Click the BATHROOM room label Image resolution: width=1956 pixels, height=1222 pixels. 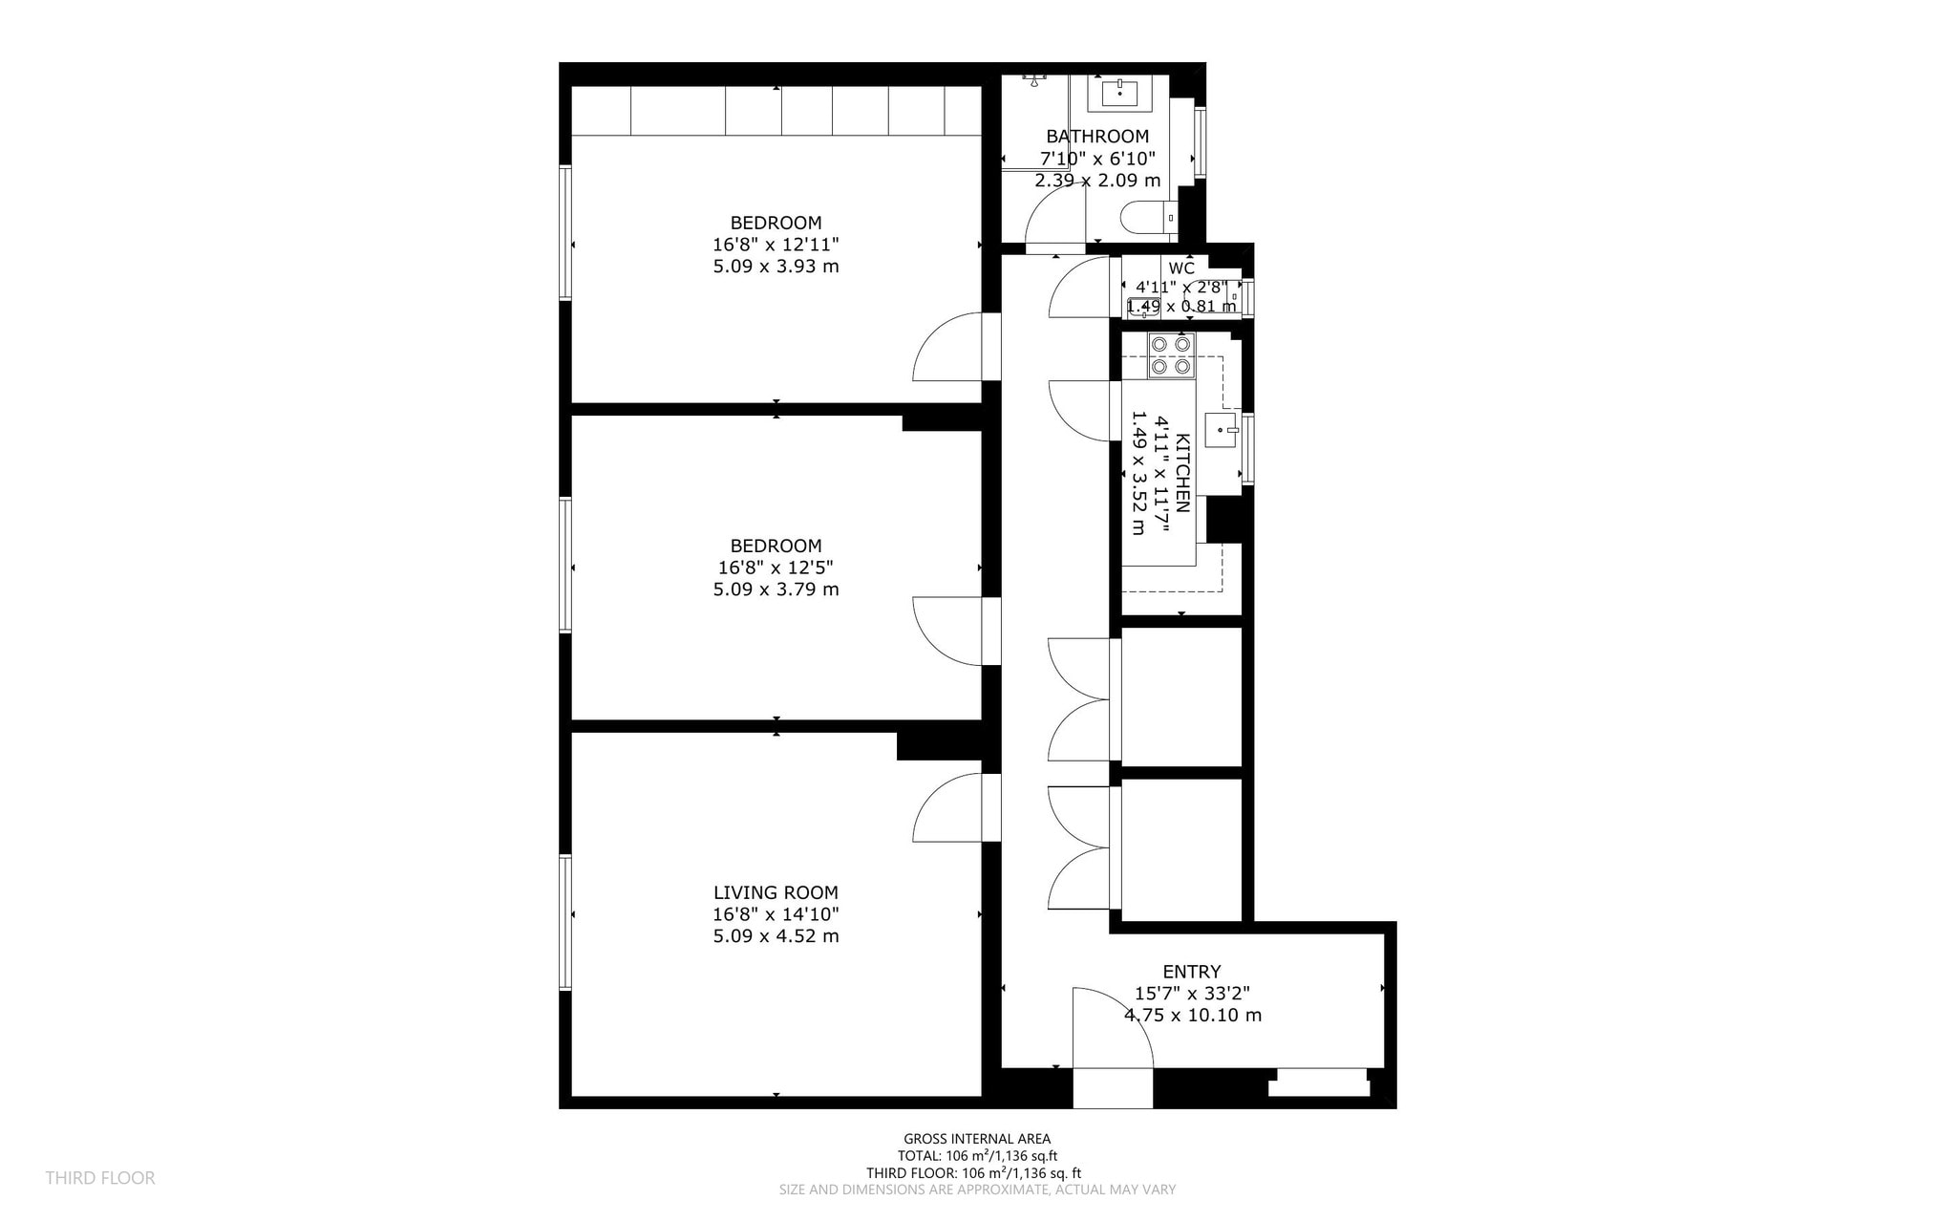click(1097, 137)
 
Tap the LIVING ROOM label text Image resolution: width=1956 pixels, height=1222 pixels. click(776, 892)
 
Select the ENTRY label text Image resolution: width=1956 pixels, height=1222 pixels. click(1192, 973)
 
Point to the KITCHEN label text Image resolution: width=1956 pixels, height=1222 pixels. click(1182, 474)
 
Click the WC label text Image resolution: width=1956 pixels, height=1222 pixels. click(1181, 268)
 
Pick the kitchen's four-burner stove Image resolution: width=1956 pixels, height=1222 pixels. click(1171, 355)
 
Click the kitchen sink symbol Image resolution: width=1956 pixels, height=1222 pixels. click(1222, 430)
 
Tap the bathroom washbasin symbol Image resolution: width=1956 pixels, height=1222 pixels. click(1119, 94)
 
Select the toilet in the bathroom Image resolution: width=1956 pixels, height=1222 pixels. click(1149, 219)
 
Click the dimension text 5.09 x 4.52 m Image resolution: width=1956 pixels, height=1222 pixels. click(776, 936)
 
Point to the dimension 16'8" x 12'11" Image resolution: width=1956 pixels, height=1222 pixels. click(776, 245)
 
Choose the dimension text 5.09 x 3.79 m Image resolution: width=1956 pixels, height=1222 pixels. click(776, 590)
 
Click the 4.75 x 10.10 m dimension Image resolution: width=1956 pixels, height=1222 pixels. click(1193, 1016)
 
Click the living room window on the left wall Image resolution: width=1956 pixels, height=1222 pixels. click(565, 922)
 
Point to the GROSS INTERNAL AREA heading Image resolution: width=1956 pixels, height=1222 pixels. click(977, 1139)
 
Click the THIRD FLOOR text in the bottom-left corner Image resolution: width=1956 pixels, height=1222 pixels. click(100, 1178)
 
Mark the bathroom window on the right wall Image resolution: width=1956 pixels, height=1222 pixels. click(1201, 142)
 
